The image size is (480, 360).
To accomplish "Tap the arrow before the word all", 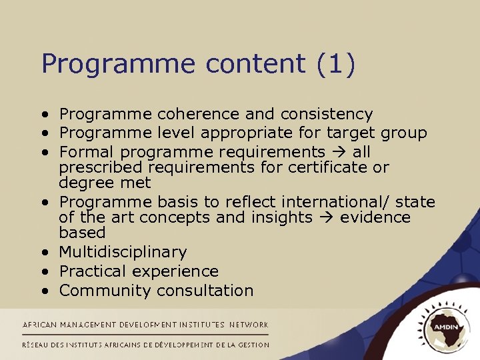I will pos(341,153).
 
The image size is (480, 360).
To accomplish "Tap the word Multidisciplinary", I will pos(123,253).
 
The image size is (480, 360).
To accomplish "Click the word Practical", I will pos(93,271).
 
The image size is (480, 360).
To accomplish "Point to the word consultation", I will pos(205,291).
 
